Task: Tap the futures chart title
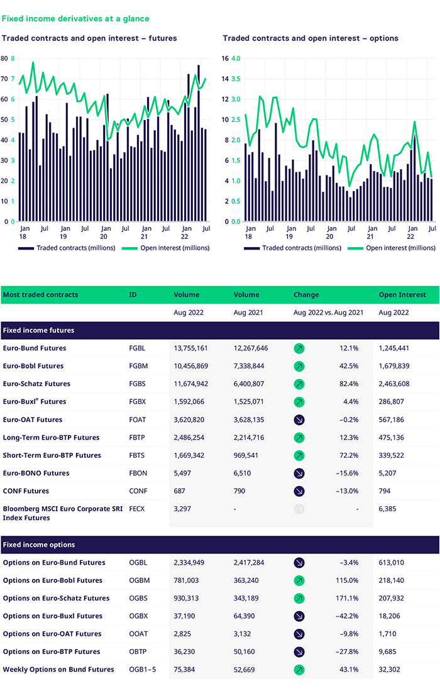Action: pyautogui.click(x=89, y=38)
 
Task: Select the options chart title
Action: pyautogui.click(x=311, y=38)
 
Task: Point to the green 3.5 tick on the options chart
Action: pyautogui.click(x=236, y=79)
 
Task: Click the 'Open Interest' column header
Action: pyautogui.click(x=402, y=294)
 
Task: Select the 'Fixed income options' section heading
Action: pyautogui.click(x=39, y=545)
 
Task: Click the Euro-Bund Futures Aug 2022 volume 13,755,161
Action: pyautogui.click(x=195, y=348)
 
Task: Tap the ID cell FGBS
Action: pyautogui.click(x=137, y=384)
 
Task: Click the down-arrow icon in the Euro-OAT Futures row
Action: pyautogui.click(x=299, y=419)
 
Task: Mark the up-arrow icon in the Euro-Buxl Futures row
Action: pyautogui.click(x=299, y=402)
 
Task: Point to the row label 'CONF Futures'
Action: pyautogui.click(x=26, y=491)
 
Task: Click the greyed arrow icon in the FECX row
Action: pyautogui.click(x=299, y=509)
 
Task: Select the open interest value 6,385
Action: pyautogui.click(x=391, y=509)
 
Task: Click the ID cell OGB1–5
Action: pyautogui.click(x=142, y=670)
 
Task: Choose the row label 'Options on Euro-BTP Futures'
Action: pyautogui.click(x=52, y=651)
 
